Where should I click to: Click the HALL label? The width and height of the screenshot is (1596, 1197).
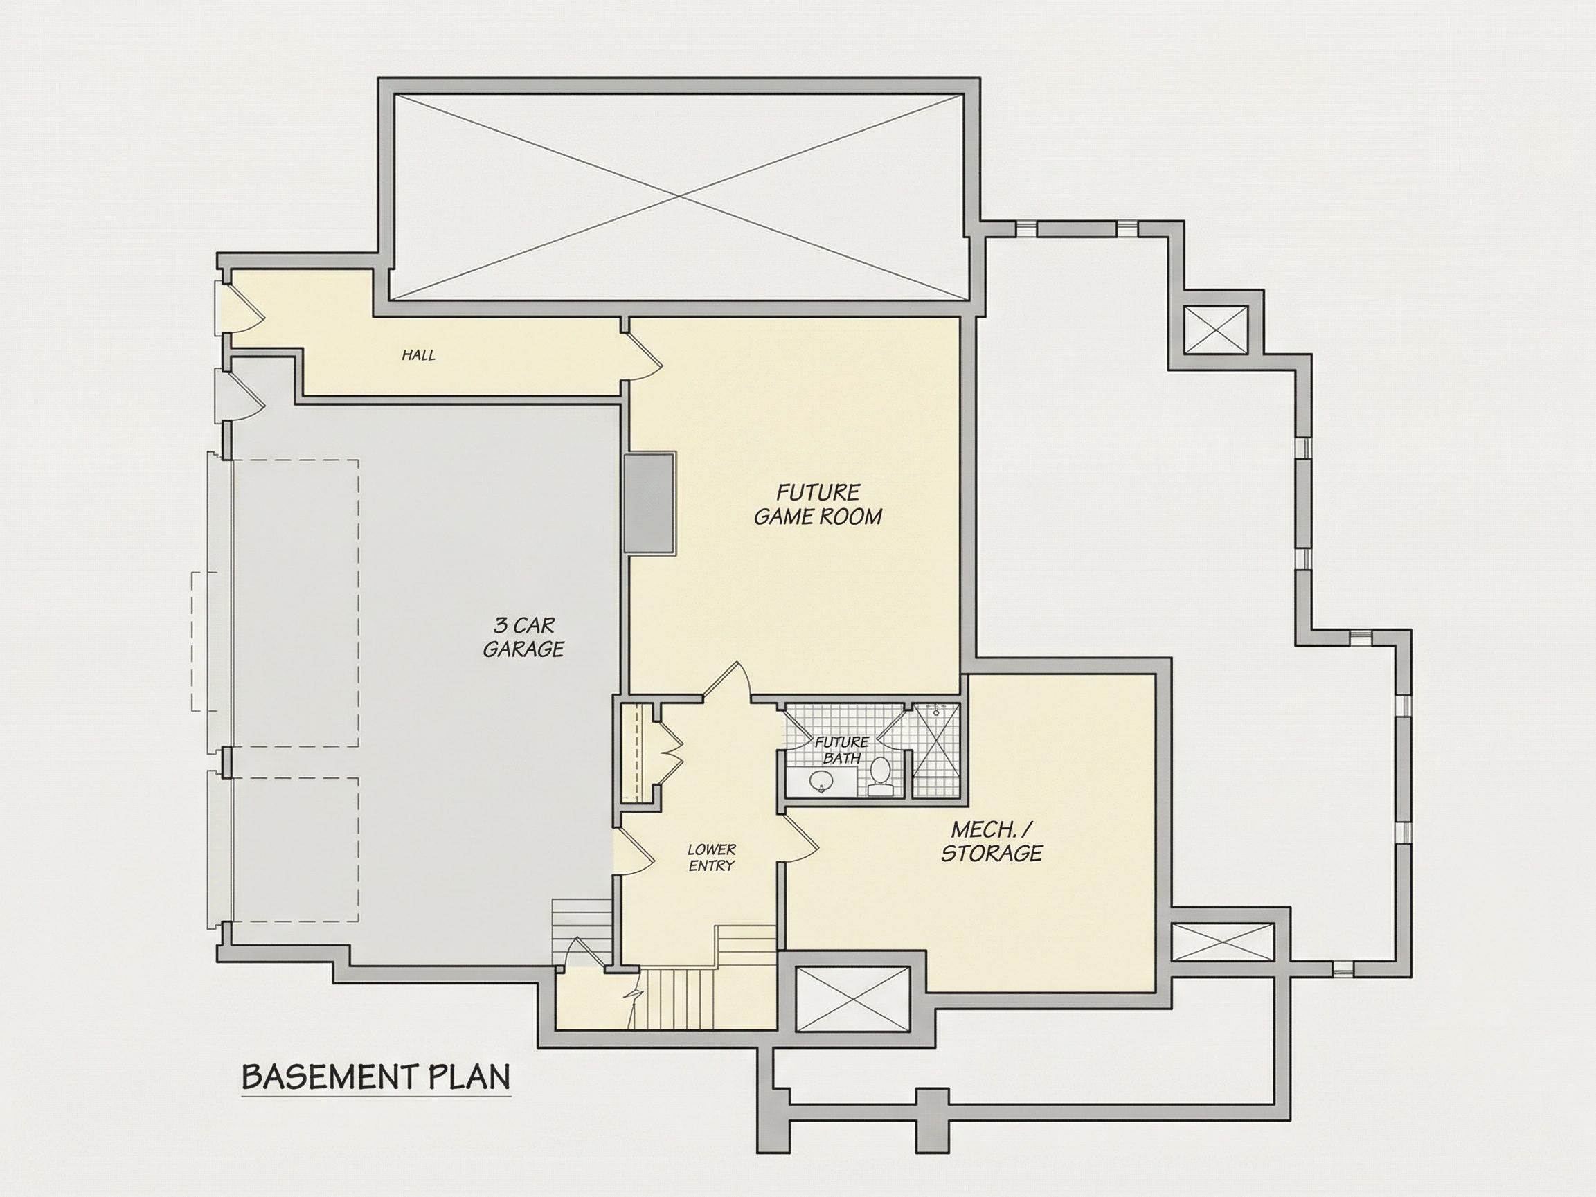coord(418,355)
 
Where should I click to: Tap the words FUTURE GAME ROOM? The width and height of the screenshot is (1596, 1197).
coord(818,504)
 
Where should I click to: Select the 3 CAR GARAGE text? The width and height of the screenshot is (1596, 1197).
coord(523,636)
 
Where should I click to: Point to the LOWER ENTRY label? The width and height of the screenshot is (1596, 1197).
coord(711,857)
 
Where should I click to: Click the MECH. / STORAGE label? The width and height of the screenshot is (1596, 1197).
coord(992,840)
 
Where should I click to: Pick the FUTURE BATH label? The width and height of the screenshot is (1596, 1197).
coord(841,750)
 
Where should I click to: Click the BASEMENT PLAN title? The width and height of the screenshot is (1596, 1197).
coord(376,1077)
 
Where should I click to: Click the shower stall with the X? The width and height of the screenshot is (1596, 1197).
coord(936,750)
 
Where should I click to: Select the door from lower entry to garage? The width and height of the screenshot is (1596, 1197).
coord(634,851)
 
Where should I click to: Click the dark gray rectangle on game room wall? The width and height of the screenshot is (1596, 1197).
coord(649,503)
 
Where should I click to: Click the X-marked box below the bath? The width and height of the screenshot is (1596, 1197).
coord(852,998)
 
